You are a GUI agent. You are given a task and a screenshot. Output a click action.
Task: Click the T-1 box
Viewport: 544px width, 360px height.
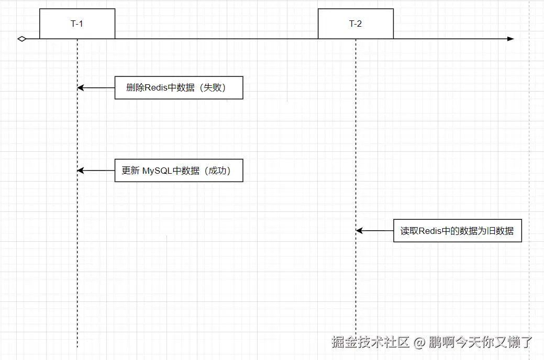coord(77,24)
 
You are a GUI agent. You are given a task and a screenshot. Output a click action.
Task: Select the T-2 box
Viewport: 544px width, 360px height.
coord(356,24)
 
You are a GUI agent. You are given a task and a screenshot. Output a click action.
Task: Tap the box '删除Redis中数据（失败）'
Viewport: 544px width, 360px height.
coord(179,88)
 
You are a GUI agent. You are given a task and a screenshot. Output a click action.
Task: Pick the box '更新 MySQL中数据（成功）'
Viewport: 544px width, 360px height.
coord(179,171)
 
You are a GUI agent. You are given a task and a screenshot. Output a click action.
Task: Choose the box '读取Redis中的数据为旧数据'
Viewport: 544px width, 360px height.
coord(457,231)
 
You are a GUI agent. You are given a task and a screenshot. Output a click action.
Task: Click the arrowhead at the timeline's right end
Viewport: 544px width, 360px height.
coord(510,39)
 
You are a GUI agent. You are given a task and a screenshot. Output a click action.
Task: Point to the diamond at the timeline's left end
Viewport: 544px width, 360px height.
coord(21,39)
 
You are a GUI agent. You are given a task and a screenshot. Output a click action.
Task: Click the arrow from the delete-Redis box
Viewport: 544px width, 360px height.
coord(96,88)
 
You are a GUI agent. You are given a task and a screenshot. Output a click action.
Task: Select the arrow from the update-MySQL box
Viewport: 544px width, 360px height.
coord(96,171)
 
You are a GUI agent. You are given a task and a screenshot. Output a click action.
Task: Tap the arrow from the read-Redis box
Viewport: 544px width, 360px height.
coord(375,231)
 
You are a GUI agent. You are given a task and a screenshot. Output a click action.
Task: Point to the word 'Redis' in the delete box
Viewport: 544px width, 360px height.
coord(156,88)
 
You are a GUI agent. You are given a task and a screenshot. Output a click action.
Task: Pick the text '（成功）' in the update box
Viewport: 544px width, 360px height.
coord(217,171)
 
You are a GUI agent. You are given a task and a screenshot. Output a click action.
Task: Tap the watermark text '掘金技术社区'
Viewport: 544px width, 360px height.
coord(370,342)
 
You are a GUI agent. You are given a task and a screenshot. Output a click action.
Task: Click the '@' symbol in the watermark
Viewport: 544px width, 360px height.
coord(419,343)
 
